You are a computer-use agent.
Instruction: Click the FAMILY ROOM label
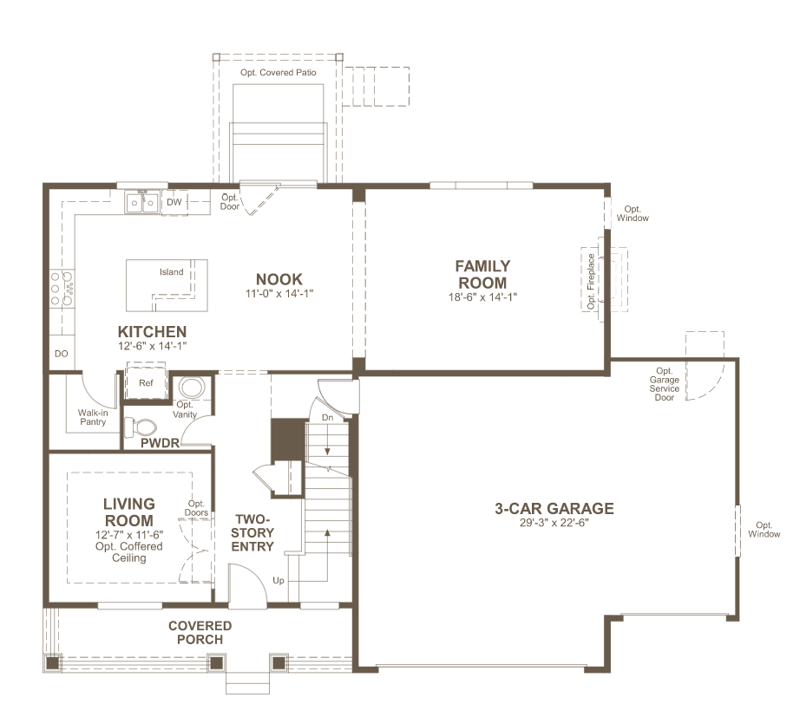tap(483, 274)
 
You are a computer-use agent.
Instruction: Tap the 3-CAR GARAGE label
tap(554, 508)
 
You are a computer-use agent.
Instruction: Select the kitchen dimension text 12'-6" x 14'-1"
tap(152, 346)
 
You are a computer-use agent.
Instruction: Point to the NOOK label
tap(279, 279)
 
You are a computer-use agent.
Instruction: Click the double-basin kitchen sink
tap(142, 203)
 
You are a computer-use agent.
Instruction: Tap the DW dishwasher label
tap(174, 202)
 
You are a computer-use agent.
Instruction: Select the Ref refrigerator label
tap(146, 383)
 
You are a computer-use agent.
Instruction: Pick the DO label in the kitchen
tap(62, 354)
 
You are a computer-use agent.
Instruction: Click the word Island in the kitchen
tap(172, 272)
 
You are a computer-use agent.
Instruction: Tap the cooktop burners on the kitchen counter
tap(62, 289)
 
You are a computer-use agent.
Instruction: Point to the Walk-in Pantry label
tap(93, 417)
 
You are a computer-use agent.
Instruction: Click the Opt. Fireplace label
tap(591, 281)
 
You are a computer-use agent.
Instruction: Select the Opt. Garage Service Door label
tap(665, 385)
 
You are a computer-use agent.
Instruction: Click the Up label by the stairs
tap(279, 581)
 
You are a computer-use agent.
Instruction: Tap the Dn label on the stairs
tap(328, 418)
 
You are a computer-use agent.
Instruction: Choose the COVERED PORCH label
tap(200, 633)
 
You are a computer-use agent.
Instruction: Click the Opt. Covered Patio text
tap(279, 73)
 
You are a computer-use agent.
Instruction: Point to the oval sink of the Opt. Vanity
tap(192, 388)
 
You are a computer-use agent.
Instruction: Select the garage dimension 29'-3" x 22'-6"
tap(554, 523)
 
